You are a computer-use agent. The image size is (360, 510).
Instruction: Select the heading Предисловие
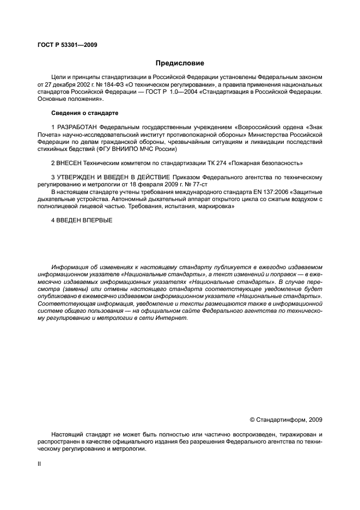(180, 63)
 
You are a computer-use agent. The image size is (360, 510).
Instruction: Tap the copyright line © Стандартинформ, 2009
(285, 420)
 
